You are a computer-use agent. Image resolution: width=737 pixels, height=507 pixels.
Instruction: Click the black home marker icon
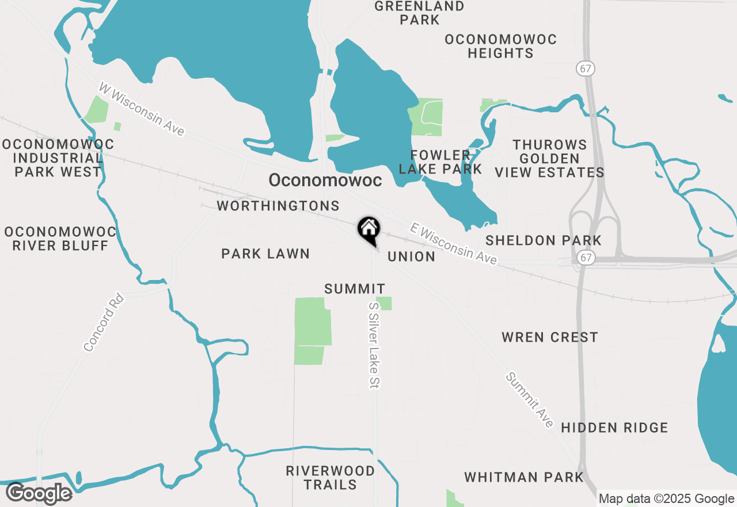click(x=368, y=229)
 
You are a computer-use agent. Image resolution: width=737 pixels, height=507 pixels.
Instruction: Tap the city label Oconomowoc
click(x=325, y=180)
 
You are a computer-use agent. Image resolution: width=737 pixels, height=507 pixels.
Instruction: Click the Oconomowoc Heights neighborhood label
click(x=500, y=46)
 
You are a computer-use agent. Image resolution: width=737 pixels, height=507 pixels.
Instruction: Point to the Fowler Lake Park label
click(x=440, y=162)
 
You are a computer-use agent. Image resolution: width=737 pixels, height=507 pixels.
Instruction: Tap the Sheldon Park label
click(x=543, y=240)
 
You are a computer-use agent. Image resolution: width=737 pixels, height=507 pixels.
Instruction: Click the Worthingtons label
click(x=278, y=206)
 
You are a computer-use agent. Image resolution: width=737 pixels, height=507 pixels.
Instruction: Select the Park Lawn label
click(x=265, y=253)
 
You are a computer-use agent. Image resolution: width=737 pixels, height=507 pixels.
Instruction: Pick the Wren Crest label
click(x=550, y=337)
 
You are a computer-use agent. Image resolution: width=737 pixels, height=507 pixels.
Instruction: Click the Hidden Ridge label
click(x=614, y=427)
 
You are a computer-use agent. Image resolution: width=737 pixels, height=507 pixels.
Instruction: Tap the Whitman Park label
click(x=524, y=477)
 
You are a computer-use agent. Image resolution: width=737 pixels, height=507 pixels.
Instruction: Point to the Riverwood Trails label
click(x=330, y=478)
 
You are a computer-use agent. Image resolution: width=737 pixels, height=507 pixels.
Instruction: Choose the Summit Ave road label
click(x=530, y=400)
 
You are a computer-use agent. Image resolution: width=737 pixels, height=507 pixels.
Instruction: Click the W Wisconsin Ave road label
click(x=142, y=109)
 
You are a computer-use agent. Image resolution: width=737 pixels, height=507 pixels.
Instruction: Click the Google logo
click(x=39, y=493)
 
